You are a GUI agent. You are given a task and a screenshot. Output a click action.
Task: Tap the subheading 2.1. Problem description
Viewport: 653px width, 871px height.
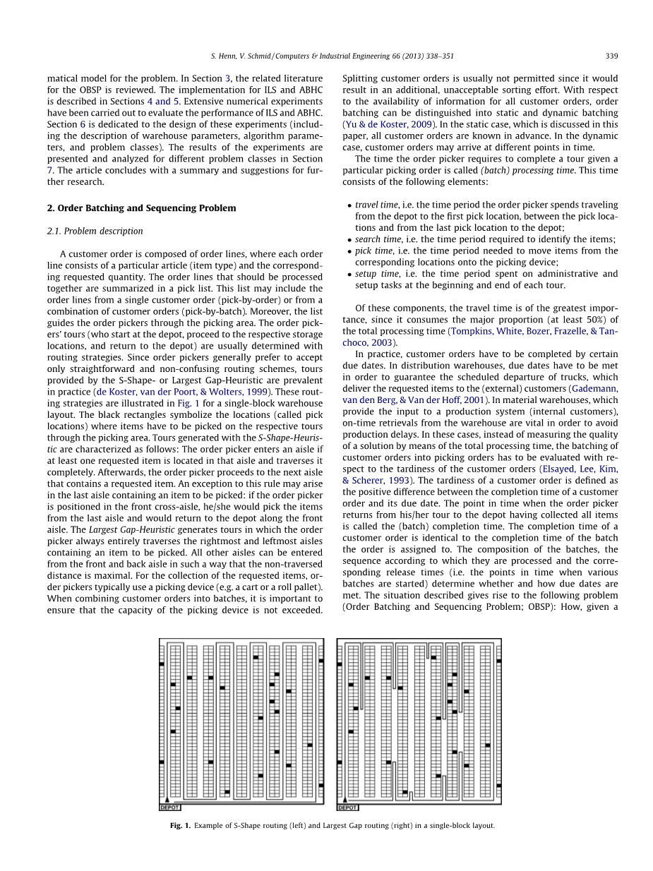click(95, 231)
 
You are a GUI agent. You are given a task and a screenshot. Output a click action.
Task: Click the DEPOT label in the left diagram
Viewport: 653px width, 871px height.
click(169, 807)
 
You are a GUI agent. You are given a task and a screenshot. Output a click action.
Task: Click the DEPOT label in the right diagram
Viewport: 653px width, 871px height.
click(347, 807)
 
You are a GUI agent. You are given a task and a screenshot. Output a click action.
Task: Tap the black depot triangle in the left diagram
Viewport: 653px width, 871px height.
click(167, 800)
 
